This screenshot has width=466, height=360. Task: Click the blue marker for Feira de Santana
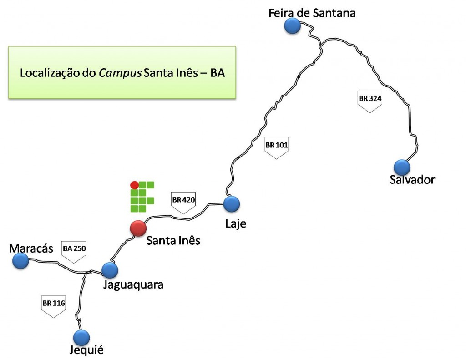[x=292, y=26]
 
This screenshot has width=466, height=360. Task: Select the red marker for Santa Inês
[x=138, y=228]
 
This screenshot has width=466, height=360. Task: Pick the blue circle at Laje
[x=232, y=203]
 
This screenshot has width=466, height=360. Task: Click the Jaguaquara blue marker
[x=110, y=270]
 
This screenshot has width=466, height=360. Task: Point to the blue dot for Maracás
[x=20, y=261]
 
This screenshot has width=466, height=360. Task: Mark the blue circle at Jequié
[x=81, y=337]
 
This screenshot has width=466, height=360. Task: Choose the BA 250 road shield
[x=74, y=251]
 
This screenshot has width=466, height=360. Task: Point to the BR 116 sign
[x=54, y=305]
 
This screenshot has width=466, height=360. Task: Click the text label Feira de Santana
[x=312, y=13]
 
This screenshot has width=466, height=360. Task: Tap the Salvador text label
[x=412, y=180]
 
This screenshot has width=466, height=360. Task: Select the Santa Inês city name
[x=173, y=240]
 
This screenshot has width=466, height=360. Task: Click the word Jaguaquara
[x=133, y=285]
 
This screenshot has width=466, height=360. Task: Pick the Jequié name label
[x=86, y=350]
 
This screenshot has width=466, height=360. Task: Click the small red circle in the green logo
[x=134, y=185]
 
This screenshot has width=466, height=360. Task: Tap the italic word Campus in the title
[x=120, y=73]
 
